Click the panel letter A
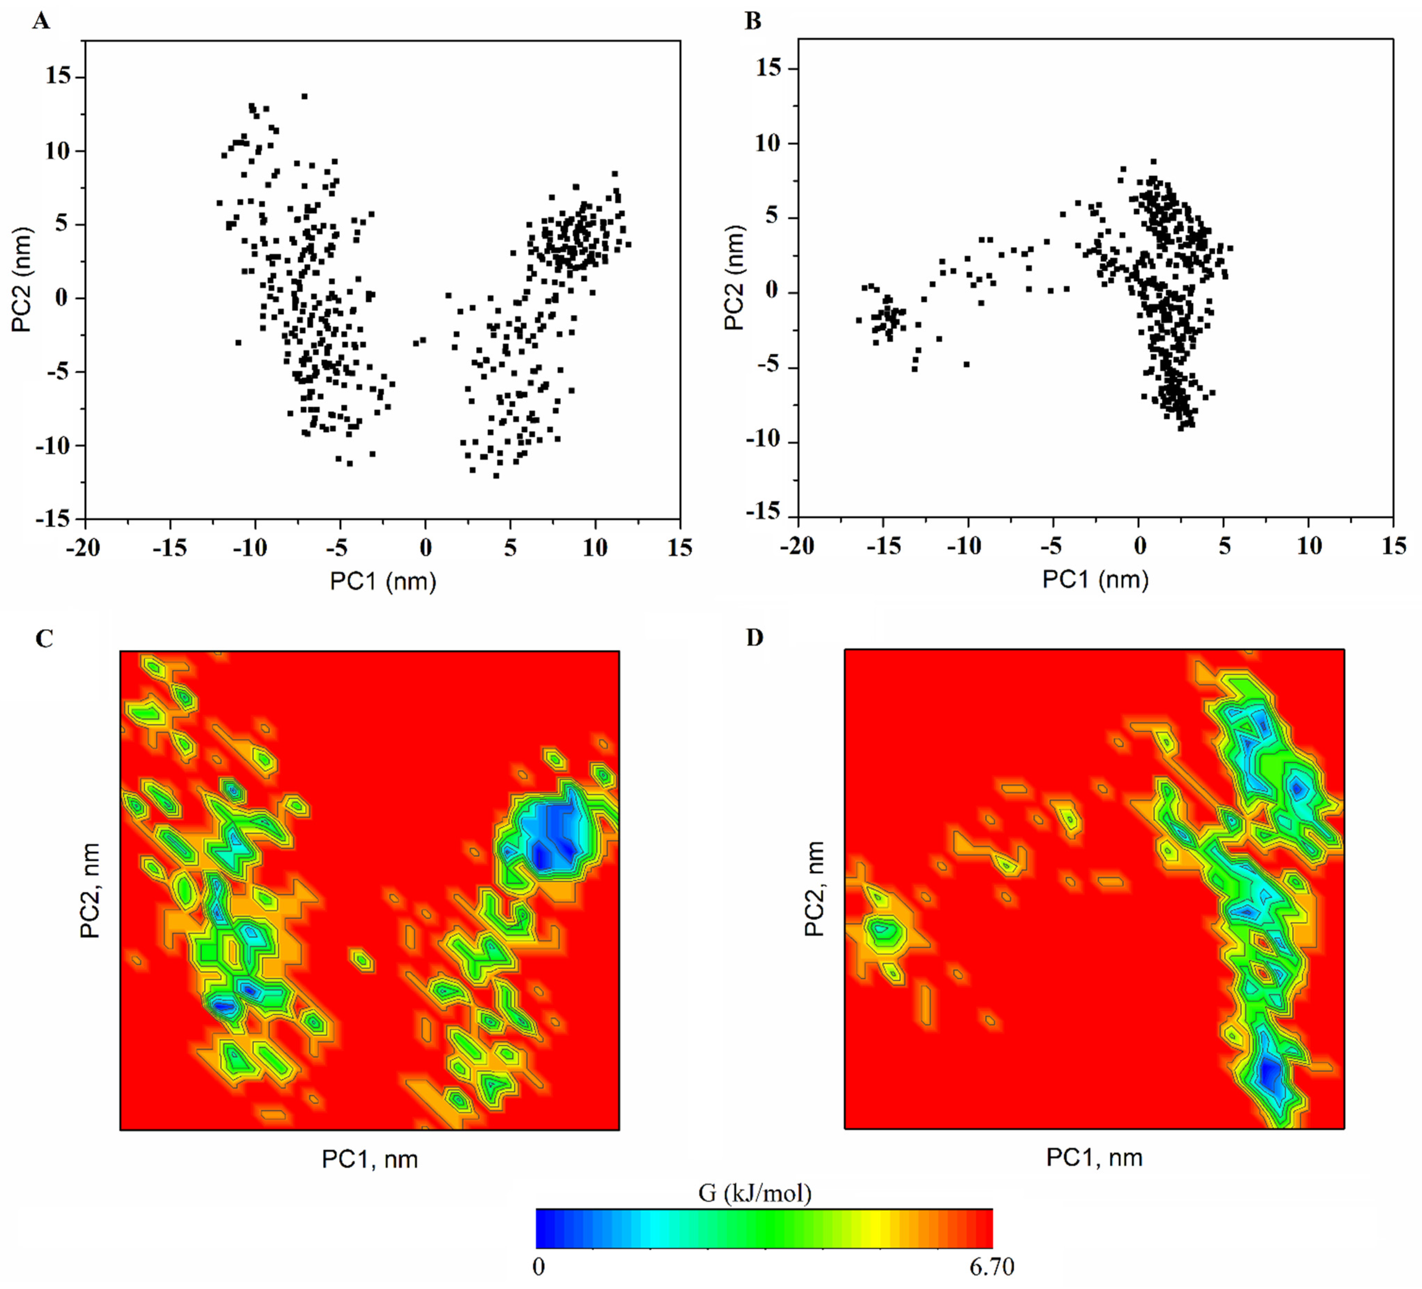click(x=42, y=22)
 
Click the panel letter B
click(x=753, y=22)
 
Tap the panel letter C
click(x=44, y=639)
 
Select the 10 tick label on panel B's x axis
click(x=1309, y=546)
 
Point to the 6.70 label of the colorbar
click(x=991, y=1267)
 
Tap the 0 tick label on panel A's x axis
click(x=424, y=548)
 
